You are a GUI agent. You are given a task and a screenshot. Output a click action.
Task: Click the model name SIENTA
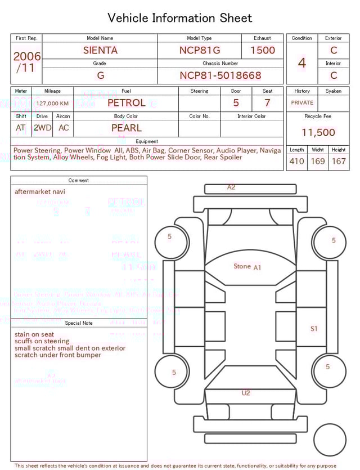coord(100,50)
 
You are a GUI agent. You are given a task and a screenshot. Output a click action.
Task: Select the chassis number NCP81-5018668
coord(220,75)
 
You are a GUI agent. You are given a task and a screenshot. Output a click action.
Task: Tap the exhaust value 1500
coord(263,50)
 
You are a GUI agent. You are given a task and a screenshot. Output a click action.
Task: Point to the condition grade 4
coord(301,62)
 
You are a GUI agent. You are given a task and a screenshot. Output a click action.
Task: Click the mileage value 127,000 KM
coord(52,104)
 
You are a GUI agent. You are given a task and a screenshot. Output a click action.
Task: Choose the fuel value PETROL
coord(126,103)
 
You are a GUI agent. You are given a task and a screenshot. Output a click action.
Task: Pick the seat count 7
coord(267,103)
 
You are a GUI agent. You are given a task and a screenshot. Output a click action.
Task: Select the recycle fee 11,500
coord(318,132)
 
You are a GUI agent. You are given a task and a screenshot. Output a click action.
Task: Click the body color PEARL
coord(126,128)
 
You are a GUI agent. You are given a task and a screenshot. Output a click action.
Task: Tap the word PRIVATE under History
coord(302,102)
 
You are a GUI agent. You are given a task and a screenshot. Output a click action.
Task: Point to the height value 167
coord(339,161)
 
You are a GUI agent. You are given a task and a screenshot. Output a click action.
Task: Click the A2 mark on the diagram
coord(231,187)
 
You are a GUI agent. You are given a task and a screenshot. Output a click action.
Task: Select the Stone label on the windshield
coord(242,266)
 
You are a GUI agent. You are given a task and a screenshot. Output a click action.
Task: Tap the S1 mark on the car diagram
coord(314,329)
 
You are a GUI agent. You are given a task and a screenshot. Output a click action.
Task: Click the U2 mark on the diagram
coord(246,393)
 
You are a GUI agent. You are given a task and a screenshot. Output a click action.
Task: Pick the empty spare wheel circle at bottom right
coord(330,440)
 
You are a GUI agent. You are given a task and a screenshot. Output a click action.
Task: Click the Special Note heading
coord(79,323)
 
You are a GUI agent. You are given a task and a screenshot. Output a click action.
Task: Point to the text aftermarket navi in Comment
coord(39,191)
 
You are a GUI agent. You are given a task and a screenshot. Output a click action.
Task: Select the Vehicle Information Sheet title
coord(180,18)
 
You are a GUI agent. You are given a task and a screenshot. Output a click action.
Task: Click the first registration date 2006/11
coord(26,62)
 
